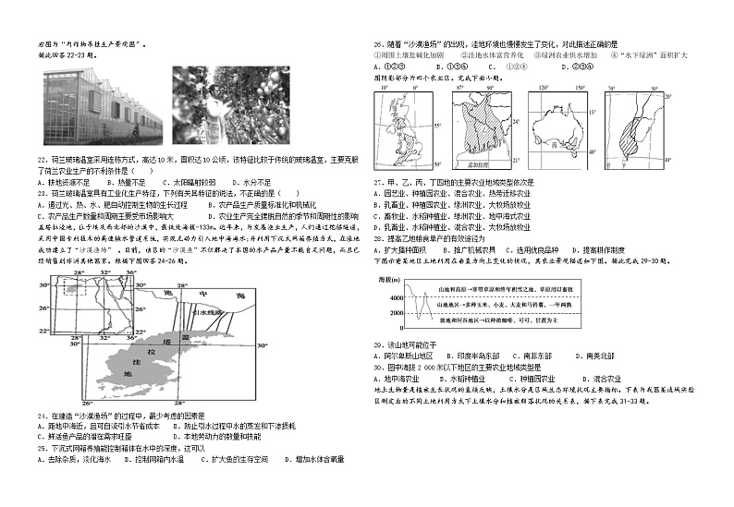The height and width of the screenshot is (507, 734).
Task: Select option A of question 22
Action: pyautogui.click(x=65, y=182)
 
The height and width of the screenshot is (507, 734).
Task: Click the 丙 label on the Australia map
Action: pyautogui.click(x=557, y=144)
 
